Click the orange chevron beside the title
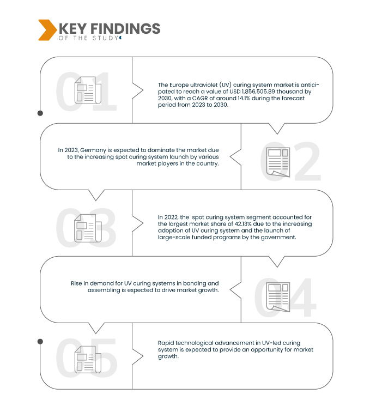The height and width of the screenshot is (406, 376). point(47,30)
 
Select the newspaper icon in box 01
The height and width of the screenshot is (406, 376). point(88,90)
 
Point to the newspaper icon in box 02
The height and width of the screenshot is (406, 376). point(278,162)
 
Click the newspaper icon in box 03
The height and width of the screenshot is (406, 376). point(88,228)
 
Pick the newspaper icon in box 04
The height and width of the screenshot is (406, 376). point(278,297)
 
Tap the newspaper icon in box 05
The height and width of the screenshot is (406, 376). point(88,359)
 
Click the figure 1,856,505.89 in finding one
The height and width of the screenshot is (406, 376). point(258,92)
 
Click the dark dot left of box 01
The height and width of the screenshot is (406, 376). point(40,113)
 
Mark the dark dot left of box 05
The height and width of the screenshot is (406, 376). point(40,342)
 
